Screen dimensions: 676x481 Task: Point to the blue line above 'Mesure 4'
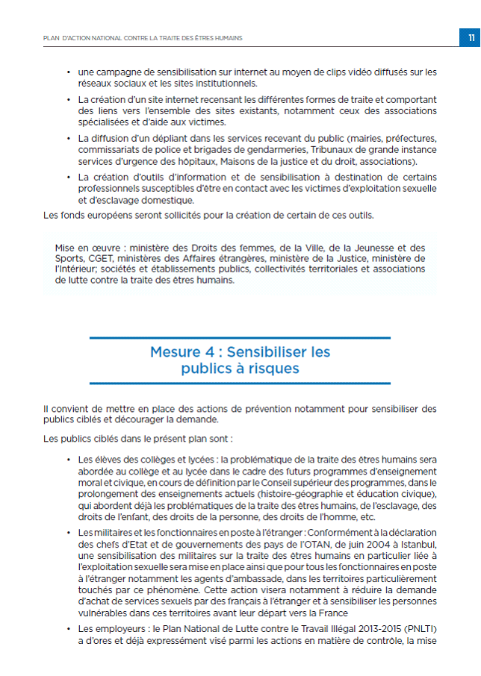(x=240, y=338)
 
